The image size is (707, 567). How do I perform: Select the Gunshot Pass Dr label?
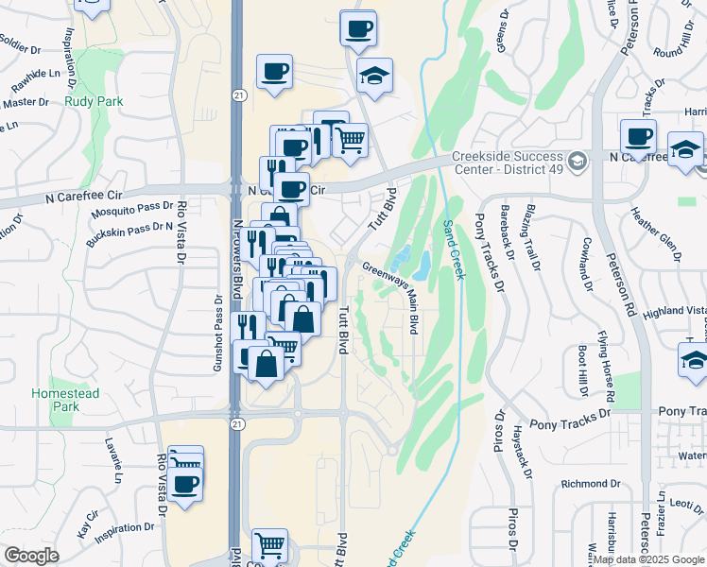click(x=216, y=332)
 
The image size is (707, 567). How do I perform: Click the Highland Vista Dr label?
click(x=674, y=311)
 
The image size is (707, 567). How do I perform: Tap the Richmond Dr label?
click(x=589, y=484)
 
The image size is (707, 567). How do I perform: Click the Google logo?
click(x=31, y=556)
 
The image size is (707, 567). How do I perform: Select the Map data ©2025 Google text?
click(x=647, y=558)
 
